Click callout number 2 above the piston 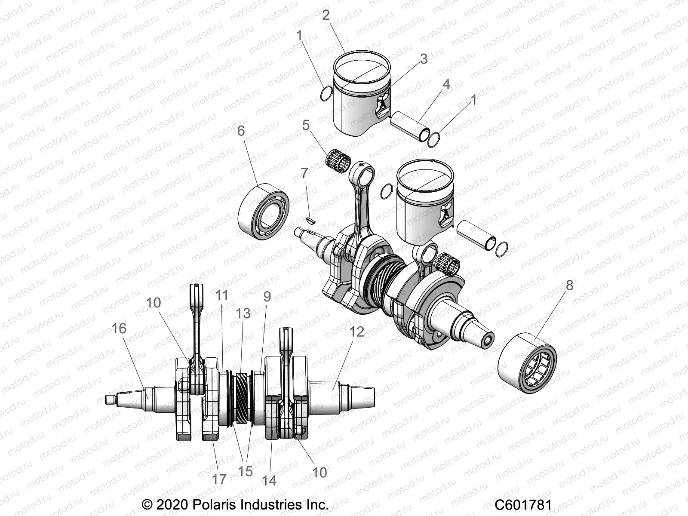pyautogui.click(x=326, y=15)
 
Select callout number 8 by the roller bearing pyautogui.click(x=569, y=286)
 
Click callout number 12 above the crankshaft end pyautogui.click(x=357, y=332)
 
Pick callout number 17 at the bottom pyautogui.click(x=219, y=479)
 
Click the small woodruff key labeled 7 pyautogui.click(x=310, y=221)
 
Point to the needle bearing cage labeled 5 pyautogui.click(x=338, y=160)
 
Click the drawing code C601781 pyautogui.click(x=523, y=504)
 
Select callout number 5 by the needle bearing pyautogui.click(x=306, y=125)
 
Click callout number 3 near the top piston pyautogui.click(x=424, y=59)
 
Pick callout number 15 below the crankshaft pyautogui.click(x=246, y=471)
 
